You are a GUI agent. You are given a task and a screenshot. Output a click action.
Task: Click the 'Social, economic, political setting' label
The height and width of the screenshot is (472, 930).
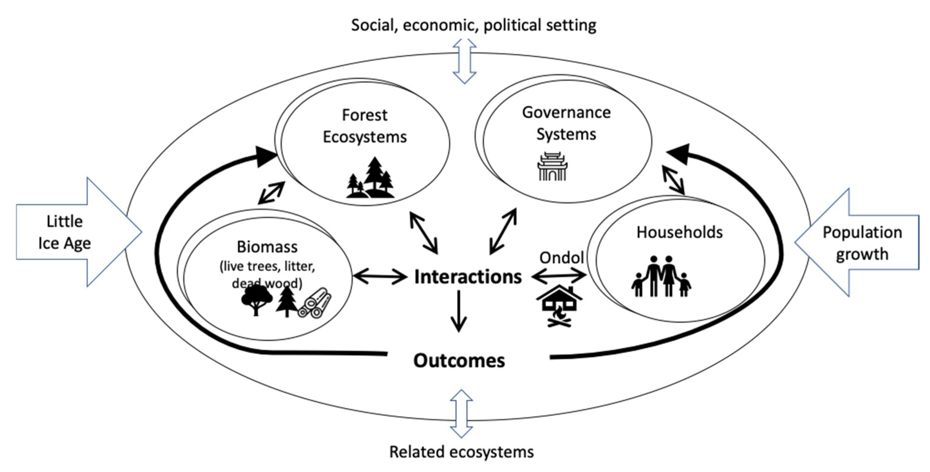click(x=473, y=25)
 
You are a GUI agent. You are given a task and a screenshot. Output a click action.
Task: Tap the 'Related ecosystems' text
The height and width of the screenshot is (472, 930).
click(x=461, y=452)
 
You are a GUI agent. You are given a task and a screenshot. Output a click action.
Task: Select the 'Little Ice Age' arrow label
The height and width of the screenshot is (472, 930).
click(x=64, y=232)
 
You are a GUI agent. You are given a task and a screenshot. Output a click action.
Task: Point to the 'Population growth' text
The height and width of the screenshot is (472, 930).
click(x=862, y=243)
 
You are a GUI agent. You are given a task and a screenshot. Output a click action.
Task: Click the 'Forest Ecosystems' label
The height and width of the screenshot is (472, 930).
click(x=364, y=126)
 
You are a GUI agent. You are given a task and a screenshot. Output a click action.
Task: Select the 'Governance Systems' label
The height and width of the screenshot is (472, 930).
click(x=566, y=123)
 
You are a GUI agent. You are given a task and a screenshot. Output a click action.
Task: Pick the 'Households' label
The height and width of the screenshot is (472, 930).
click(x=679, y=232)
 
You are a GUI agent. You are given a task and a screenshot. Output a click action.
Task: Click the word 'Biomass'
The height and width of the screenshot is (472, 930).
click(x=267, y=247)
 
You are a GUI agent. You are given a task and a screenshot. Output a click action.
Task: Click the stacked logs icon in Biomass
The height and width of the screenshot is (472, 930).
click(x=315, y=303)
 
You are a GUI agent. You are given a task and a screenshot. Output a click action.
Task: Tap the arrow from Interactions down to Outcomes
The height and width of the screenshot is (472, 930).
click(x=459, y=311)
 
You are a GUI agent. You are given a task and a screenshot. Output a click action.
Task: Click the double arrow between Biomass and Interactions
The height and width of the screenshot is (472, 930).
click(x=380, y=277)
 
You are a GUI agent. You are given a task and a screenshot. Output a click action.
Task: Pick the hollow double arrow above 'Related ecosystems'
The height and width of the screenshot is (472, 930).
click(x=461, y=414)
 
